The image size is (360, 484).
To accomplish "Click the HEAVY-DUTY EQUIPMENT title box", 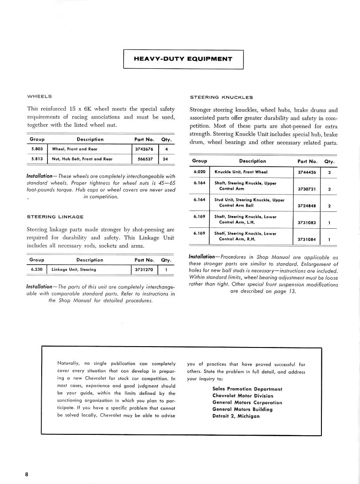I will coord(183,59).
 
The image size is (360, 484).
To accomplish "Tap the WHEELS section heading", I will coord(39,96).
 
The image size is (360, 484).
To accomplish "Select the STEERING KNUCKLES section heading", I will coord(221,97).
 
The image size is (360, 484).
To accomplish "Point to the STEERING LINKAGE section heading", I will coord(55,217).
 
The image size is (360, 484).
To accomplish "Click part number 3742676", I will coord(144,149).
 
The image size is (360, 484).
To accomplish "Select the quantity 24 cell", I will coord(165,159).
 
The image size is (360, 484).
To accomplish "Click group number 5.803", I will coord(37,149).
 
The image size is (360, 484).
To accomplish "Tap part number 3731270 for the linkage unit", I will coord(144,269).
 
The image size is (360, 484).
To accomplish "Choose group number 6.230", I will coord(37,269).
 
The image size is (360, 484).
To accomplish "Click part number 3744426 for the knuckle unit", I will coord(307,172).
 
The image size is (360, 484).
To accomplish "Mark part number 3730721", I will coord(307,189).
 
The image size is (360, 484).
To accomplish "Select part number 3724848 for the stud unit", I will coord(307,206).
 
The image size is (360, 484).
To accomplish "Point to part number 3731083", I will coord(307,222).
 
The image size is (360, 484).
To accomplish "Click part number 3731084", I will coord(307,239).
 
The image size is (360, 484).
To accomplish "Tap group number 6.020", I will coord(200,172).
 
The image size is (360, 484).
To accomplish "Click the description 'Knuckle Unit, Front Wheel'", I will coord(241,172).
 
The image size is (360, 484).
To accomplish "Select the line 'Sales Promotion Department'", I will coord(247,389).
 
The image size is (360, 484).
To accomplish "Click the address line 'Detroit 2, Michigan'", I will coord(236,416).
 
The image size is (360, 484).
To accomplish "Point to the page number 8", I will coord(27,474).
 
